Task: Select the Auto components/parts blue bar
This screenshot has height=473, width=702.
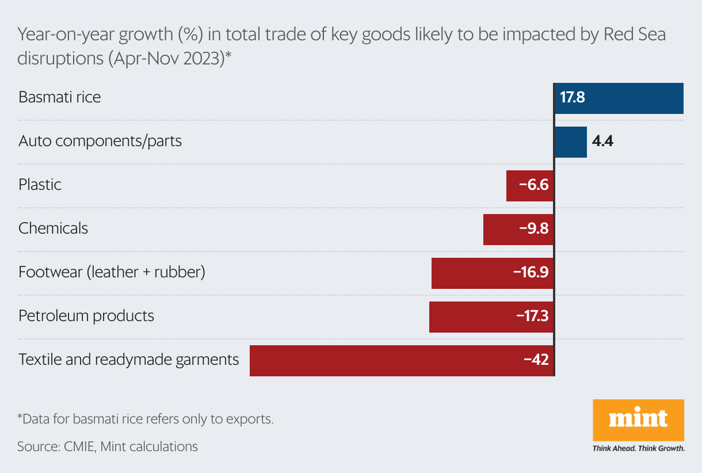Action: click(570, 142)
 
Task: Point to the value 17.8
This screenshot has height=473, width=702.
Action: click(573, 97)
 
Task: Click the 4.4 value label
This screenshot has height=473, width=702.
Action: click(602, 142)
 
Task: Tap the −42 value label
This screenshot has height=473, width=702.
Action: click(536, 360)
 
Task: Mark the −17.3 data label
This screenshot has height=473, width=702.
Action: click(532, 316)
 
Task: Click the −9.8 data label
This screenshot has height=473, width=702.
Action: click(534, 229)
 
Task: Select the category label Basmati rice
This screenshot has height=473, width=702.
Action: click(60, 97)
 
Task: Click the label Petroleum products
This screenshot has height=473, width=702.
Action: click(86, 316)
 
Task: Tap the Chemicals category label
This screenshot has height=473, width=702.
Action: click(54, 228)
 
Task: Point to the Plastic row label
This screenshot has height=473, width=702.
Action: click(40, 185)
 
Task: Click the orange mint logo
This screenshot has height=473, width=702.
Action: click(638, 419)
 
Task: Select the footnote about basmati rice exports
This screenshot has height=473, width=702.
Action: click(146, 419)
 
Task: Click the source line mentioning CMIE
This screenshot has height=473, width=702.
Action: click(108, 446)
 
